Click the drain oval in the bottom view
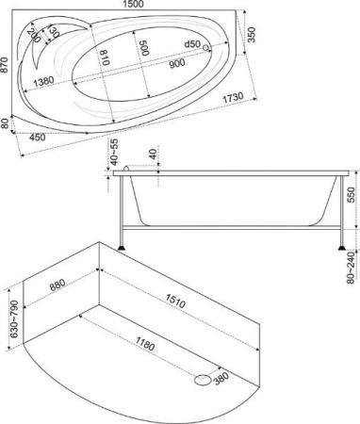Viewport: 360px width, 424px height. (201, 380)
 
